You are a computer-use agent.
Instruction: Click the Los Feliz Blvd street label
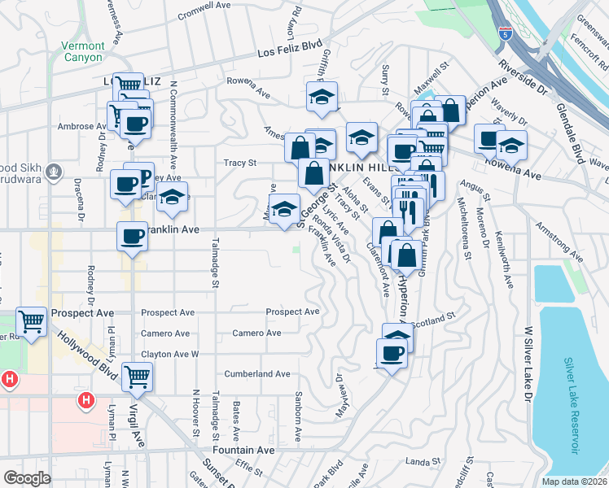(x=290, y=48)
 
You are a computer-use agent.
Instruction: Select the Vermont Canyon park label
(x=83, y=52)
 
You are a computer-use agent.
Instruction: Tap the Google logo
(x=27, y=478)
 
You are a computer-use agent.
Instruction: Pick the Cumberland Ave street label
(x=261, y=374)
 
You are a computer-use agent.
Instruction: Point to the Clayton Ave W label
(x=170, y=355)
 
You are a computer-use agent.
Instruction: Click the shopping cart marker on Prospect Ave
(x=31, y=321)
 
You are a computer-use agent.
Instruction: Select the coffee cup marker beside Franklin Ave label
(x=132, y=237)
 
